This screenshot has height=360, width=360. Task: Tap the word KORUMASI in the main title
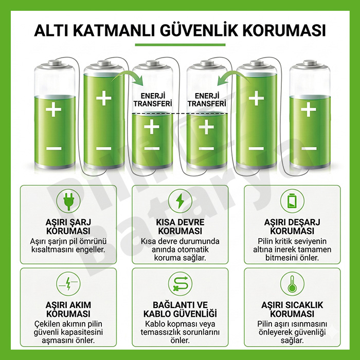284,30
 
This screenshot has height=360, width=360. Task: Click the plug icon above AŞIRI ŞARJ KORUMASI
68,201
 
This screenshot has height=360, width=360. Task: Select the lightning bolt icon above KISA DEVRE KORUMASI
180,201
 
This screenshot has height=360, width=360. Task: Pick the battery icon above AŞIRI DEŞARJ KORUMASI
292,201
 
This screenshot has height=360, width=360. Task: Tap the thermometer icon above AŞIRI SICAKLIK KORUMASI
292,284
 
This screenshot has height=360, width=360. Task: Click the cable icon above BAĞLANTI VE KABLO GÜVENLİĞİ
180,284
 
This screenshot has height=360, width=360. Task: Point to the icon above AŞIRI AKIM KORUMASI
68,284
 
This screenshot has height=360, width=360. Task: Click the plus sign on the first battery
53,109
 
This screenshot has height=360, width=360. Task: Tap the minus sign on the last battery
309,149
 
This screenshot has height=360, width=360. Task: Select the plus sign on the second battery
104,98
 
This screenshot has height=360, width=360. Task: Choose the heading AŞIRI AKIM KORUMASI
68,309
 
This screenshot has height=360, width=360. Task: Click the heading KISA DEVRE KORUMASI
180,227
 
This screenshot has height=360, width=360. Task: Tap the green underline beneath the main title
180,45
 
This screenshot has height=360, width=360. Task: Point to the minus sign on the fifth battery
257,149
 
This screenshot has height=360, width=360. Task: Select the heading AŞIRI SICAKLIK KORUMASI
292,309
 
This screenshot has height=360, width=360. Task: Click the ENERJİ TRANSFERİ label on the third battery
153,100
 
